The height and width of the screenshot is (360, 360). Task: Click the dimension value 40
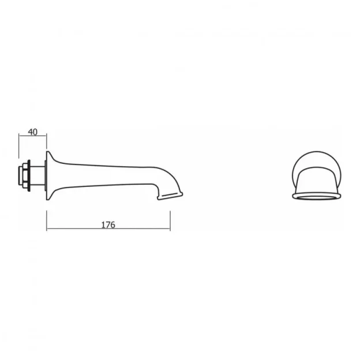pyautogui.click(x=32, y=132)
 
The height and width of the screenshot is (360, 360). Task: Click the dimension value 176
pyautogui.click(x=108, y=224)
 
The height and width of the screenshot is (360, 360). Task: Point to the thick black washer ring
pyautogui.click(x=29, y=174)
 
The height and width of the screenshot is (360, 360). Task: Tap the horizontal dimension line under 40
pyautogui.click(x=32, y=137)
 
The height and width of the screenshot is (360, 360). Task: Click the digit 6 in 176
pyautogui.click(x=112, y=224)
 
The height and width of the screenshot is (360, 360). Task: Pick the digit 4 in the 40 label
pyautogui.click(x=30, y=132)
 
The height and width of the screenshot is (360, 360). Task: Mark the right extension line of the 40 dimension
pyautogui.click(x=47, y=144)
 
